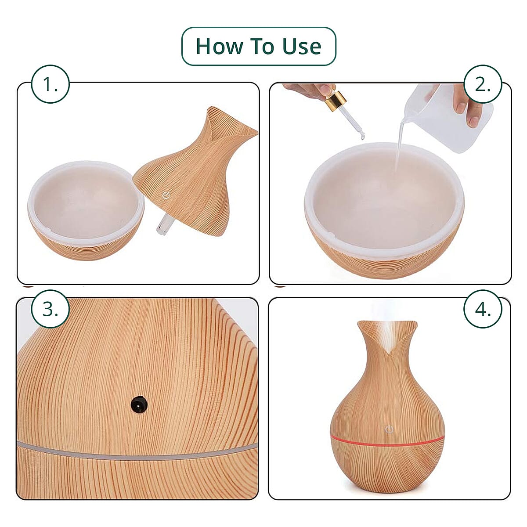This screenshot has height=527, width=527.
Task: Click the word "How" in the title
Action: pyautogui.click(x=219, y=46)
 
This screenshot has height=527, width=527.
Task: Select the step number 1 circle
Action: pyautogui.click(x=51, y=84)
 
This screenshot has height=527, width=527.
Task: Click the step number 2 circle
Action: pyautogui.click(x=483, y=84)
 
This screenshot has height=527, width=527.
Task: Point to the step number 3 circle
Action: pyautogui.click(x=51, y=309)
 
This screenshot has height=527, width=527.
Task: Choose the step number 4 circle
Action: pyautogui.click(x=483, y=309)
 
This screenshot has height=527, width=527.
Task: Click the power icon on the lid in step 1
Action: pyautogui.click(x=165, y=195)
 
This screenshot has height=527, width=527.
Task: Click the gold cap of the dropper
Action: pyautogui.click(x=335, y=101)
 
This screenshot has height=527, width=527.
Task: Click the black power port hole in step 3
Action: pyautogui.click(x=140, y=404)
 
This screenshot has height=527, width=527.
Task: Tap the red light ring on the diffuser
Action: pyautogui.click(x=387, y=445)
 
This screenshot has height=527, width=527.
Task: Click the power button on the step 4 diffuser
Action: pyautogui.click(x=389, y=430)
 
